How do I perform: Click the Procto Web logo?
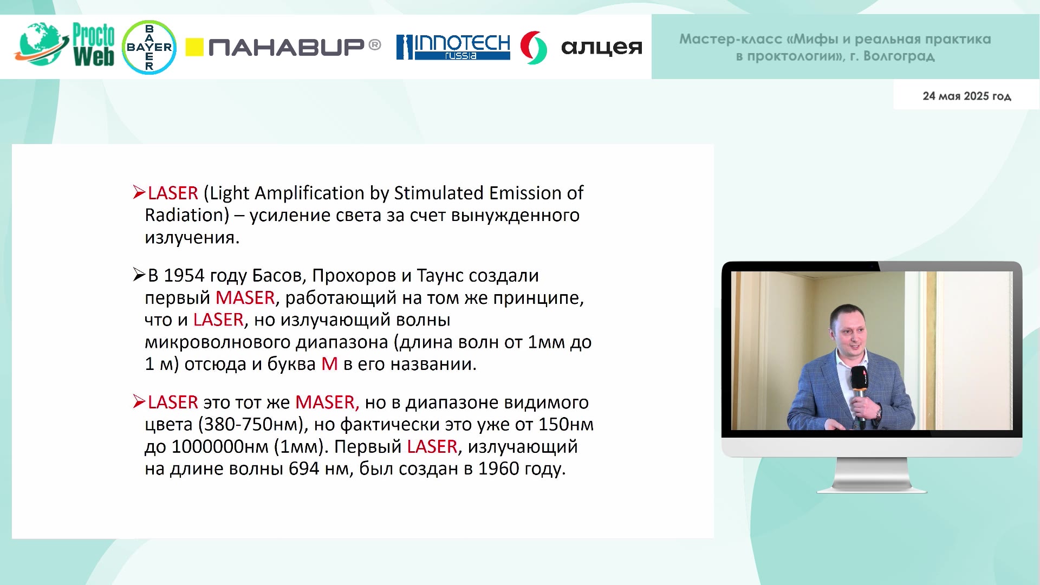tap(64, 45)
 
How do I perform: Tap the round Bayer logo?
tap(149, 47)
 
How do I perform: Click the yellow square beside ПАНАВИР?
tap(194, 47)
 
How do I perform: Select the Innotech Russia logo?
tap(453, 47)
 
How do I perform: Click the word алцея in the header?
tap(602, 47)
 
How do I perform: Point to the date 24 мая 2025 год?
tap(967, 96)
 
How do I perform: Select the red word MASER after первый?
tap(245, 298)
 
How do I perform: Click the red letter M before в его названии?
tap(330, 364)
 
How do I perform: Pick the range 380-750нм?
tap(252, 425)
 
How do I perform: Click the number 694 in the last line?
tap(304, 469)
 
